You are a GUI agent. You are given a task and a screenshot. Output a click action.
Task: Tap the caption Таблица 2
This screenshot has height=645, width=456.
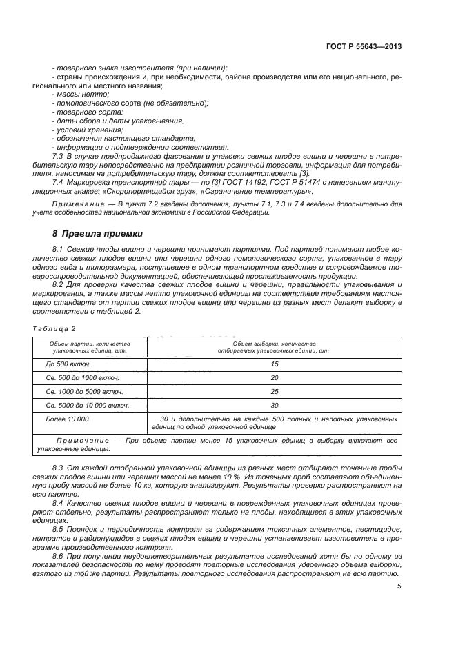[x=55, y=328]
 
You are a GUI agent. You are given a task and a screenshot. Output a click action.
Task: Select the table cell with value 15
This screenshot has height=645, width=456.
[x=274, y=363]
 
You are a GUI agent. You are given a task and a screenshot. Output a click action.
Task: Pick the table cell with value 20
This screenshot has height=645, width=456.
[x=274, y=378]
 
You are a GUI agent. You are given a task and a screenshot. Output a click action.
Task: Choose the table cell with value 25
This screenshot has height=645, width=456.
[x=274, y=392]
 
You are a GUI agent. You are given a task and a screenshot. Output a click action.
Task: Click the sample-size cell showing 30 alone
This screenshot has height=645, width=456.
[x=274, y=406]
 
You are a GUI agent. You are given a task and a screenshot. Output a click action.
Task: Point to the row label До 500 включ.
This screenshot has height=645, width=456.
[x=68, y=363]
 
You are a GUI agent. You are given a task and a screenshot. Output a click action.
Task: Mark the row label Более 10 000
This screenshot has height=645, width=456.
[x=67, y=419]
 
